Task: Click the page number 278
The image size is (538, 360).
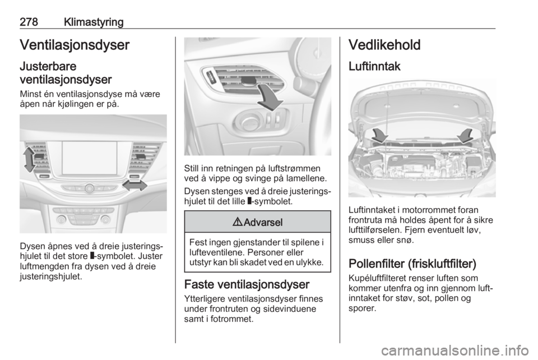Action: click(x=29, y=22)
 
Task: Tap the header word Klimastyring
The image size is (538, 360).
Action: click(x=92, y=22)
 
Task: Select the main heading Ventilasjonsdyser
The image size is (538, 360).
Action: click(x=75, y=45)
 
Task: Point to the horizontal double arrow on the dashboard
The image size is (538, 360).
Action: click(x=134, y=186)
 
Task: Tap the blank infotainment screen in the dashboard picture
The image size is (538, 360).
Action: click(x=90, y=158)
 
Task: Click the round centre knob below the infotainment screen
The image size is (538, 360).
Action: click(x=89, y=188)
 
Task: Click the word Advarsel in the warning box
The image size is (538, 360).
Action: click(x=263, y=222)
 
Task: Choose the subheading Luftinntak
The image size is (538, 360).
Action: click(x=374, y=66)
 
